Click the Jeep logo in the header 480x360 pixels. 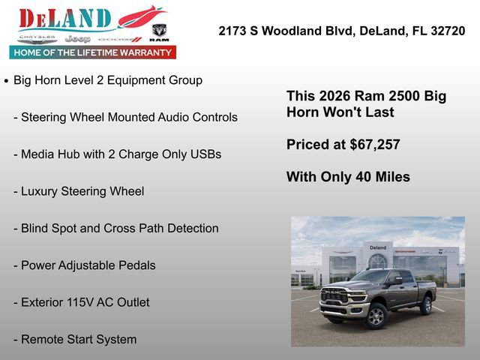point(77,38)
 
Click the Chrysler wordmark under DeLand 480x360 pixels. point(37,37)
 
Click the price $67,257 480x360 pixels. point(375,145)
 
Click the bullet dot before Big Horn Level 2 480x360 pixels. point(7,80)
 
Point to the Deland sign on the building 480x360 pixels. point(378,247)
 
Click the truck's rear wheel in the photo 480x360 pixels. point(426,305)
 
